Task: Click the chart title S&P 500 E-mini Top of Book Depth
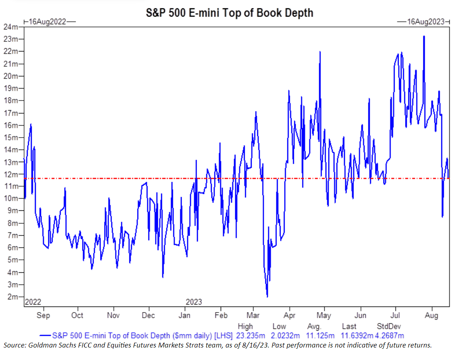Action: point(230,12)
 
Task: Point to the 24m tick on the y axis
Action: point(12,27)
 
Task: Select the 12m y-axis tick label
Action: point(12,174)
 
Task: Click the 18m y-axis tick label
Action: point(12,101)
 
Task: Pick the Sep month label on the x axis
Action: point(43,315)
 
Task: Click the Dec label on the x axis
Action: point(148,315)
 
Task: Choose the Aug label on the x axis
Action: point(432,315)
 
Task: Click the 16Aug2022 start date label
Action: point(47,22)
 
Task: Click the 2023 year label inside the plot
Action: point(194,302)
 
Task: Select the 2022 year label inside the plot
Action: point(33,302)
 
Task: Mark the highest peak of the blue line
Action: point(424,36)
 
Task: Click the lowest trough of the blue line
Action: point(267,297)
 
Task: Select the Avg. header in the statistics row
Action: point(315,326)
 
